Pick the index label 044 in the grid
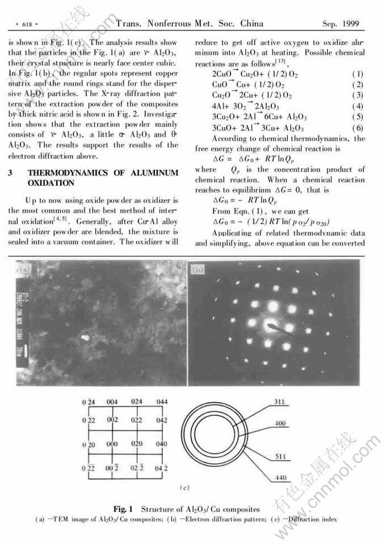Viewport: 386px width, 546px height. (162, 402)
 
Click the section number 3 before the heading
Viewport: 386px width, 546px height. (11, 173)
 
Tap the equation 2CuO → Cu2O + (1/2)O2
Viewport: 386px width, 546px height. (255, 74)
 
